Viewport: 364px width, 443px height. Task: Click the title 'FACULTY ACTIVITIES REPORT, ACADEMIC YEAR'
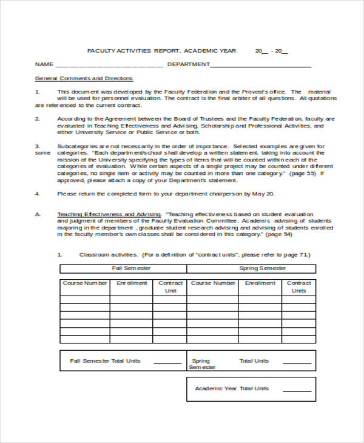pos(162,50)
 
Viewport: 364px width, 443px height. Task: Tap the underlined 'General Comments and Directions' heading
pos(84,79)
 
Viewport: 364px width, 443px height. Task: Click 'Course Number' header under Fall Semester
pos(85,283)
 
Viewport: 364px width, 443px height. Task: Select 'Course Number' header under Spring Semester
pos(213,283)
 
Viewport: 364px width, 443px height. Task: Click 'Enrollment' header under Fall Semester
pos(132,283)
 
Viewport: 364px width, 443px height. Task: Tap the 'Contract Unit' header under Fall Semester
pos(170,287)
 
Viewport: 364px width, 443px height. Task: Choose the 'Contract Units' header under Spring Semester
pos(298,287)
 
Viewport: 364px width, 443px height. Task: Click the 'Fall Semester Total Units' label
pos(105,361)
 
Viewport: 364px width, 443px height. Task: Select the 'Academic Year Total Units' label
pos(231,388)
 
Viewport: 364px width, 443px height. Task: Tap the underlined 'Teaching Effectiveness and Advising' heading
pos(109,215)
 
